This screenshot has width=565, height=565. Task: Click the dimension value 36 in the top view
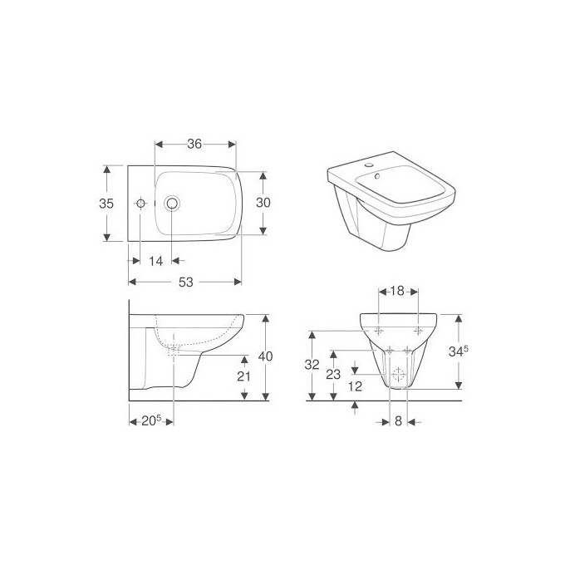click(195, 144)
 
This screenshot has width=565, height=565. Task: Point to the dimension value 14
click(155, 261)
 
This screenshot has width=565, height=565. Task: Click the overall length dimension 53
click(185, 282)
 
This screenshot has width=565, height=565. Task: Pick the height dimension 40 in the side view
click(265, 356)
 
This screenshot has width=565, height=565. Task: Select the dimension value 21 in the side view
click(244, 376)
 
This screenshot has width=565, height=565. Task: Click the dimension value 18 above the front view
click(398, 292)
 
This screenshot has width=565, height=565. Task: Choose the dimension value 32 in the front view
click(311, 364)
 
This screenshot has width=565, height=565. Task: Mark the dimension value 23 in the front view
click(333, 375)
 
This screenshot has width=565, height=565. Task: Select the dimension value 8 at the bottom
click(398, 421)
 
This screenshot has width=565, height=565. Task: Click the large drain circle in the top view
click(172, 203)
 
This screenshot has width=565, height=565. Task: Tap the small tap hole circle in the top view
click(141, 203)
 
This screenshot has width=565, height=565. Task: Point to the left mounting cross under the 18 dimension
click(379, 330)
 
